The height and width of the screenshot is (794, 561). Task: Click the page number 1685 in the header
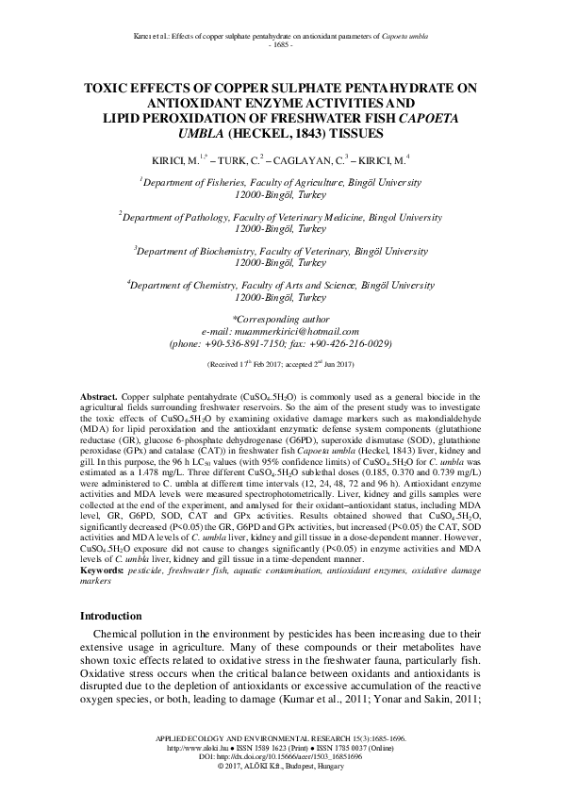click(x=280, y=45)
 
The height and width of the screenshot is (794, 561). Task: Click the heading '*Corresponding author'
click(x=280, y=319)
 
